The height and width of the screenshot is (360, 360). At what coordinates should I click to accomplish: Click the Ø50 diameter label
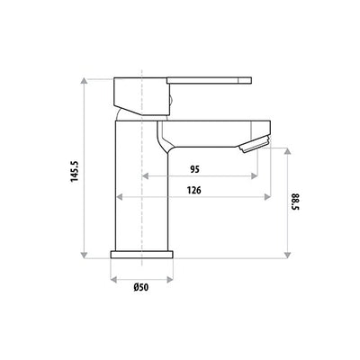(142, 288)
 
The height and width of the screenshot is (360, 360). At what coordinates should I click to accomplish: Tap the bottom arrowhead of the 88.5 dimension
(286, 256)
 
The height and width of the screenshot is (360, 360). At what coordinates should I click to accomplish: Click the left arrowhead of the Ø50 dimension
(113, 279)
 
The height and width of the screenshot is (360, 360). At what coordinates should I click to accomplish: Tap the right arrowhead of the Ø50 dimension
(171, 279)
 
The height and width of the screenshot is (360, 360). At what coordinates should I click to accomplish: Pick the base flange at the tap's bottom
(142, 256)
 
